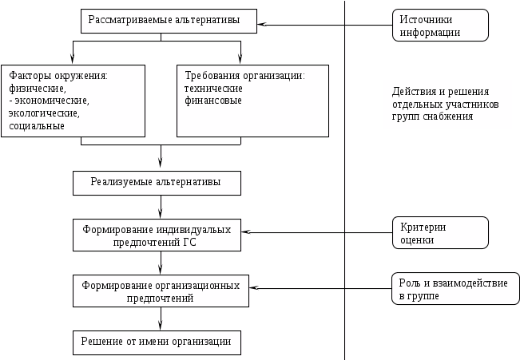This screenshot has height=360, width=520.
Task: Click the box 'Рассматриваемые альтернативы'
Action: [x=169, y=22]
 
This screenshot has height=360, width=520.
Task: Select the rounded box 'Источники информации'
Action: [x=440, y=26]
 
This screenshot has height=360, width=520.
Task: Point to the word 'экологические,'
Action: [x=44, y=113]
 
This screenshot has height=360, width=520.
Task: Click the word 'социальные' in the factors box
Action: [x=37, y=126]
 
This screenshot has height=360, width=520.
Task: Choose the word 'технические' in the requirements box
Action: [x=213, y=89]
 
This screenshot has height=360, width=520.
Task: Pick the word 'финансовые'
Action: [x=213, y=101]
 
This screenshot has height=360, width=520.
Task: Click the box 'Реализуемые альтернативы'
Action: [x=157, y=183]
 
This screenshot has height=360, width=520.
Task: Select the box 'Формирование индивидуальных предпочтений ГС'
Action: [x=157, y=235]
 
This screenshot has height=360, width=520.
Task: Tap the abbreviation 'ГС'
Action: [x=189, y=243]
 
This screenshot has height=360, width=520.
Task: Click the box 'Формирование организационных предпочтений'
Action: [x=161, y=291]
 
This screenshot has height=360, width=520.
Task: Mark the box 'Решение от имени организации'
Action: [x=157, y=342]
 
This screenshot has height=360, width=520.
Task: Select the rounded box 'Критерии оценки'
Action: [x=440, y=233]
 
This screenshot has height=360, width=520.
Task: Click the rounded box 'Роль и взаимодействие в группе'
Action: [x=455, y=288]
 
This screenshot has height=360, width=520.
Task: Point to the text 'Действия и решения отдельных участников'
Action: [x=445, y=98]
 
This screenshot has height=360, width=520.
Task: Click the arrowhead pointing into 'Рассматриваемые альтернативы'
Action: [x=262, y=25]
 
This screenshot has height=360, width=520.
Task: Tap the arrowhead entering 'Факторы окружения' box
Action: [x=73, y=58]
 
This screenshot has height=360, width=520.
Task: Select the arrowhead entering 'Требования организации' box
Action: [x=240, y=58]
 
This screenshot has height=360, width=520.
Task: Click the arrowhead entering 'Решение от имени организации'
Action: [x=161, y=324]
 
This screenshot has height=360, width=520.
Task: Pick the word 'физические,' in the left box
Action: [x=38, y=89]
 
